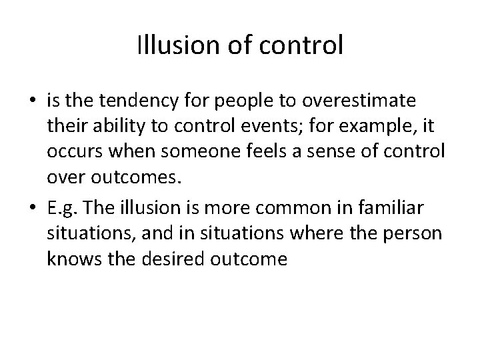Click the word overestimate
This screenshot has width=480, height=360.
point(359,101)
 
